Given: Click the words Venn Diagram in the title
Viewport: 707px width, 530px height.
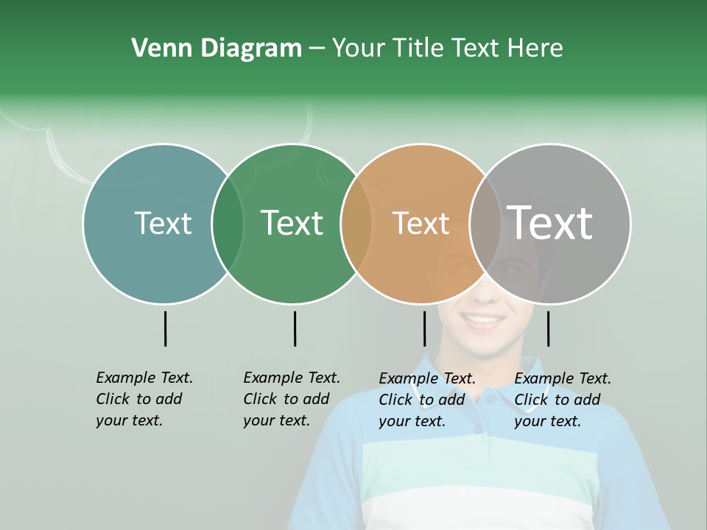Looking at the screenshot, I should pyautogui.click(x=217, y=49).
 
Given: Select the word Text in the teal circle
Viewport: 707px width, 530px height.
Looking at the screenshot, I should pyautogui.click(x=163, y=223).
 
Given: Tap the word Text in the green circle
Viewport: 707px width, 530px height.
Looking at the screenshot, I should pyautogui.click(x=292, y=223).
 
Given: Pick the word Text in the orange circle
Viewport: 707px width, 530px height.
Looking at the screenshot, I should pyautogui.click(x=421, y=223).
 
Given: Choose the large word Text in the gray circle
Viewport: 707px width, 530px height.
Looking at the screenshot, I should pyautogui.click(x=550, y=223).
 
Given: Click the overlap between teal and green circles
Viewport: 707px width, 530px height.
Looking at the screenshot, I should pyautogui.click(x=228, y=224).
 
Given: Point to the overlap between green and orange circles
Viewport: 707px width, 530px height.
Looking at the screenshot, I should pyautogui.click(x=356, y=224).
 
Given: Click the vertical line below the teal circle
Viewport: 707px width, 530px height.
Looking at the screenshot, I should pyautogui.click(x=166, y=328).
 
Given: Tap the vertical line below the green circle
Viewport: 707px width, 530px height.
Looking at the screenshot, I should pyautogui.click(x=295, y=328).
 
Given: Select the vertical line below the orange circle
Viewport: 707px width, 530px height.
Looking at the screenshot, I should pyautogui.click(x=424, y=328).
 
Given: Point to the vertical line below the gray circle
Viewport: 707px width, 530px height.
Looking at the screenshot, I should pyautogui.click(x=548, y=328).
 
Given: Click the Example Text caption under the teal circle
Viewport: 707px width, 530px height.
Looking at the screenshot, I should pyautogui.click(x=144, y=399).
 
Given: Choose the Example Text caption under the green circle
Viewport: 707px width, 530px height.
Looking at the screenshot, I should pyautogui.click(x=292, y=399).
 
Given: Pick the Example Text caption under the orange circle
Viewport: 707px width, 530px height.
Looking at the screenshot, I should pyautogui.click(x=427, y=400).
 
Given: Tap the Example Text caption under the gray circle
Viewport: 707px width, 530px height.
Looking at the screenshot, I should pyautogui.click(x=563, y=400).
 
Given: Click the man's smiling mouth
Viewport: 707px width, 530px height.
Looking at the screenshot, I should pyautogui.click(x=483, y=321).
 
